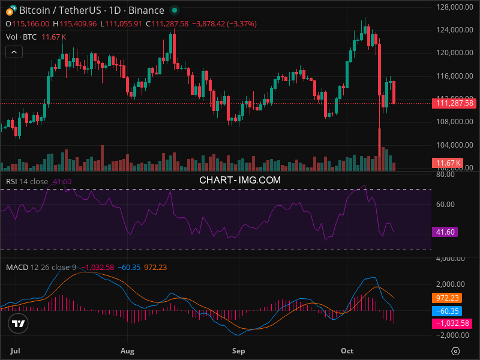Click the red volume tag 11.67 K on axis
448,163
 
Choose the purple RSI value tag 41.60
445,232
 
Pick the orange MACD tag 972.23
446,297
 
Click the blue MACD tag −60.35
446,311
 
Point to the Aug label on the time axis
127,349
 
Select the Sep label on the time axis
239,349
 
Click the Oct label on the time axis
347,349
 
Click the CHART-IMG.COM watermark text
239,179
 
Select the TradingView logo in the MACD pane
18,323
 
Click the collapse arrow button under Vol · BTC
14,52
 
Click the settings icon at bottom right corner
456,350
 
